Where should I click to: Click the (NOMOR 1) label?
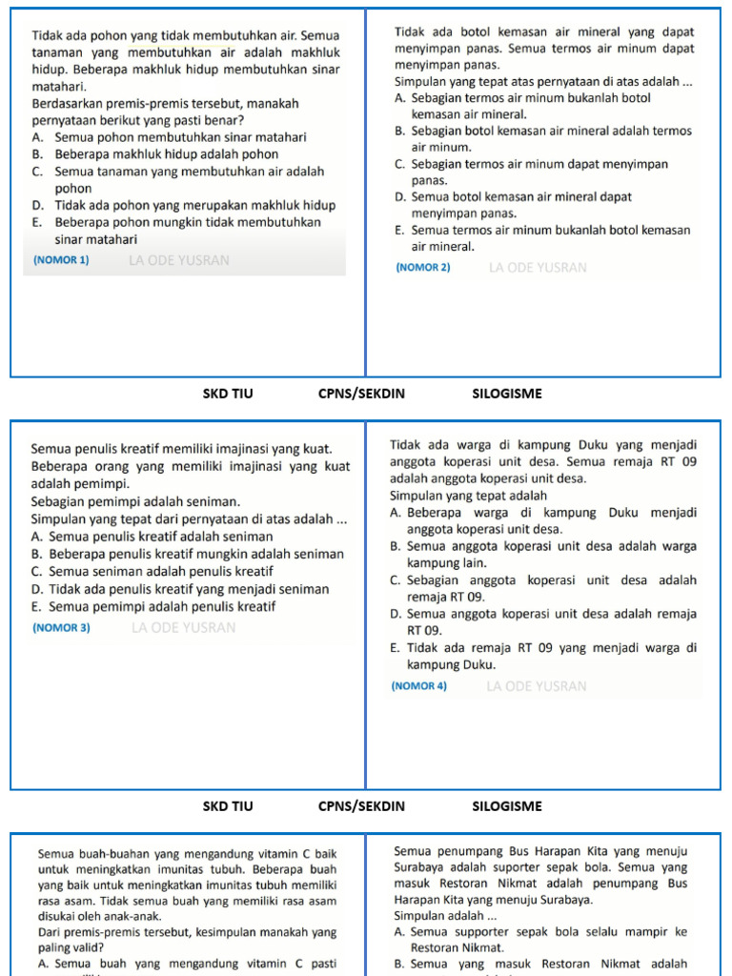tap(61, 260)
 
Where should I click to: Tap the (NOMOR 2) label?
tap(422, 268)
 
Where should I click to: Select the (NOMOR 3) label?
tap(61, 628)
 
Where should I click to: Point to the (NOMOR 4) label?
tap(418, 686)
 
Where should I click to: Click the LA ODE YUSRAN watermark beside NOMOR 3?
tap(184, 628)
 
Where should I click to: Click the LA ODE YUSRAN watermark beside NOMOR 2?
tap(538, 268)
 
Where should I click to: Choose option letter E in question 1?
tap(36, 223)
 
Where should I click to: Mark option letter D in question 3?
tap(36, 590)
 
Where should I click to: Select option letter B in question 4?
tap(395, 547)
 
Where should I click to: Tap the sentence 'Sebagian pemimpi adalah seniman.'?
tap(136, 501)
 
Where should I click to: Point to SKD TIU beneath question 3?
tap(228, 806)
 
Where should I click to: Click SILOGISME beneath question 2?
tap(507, 392)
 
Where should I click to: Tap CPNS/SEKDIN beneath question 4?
tap(361, 806)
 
